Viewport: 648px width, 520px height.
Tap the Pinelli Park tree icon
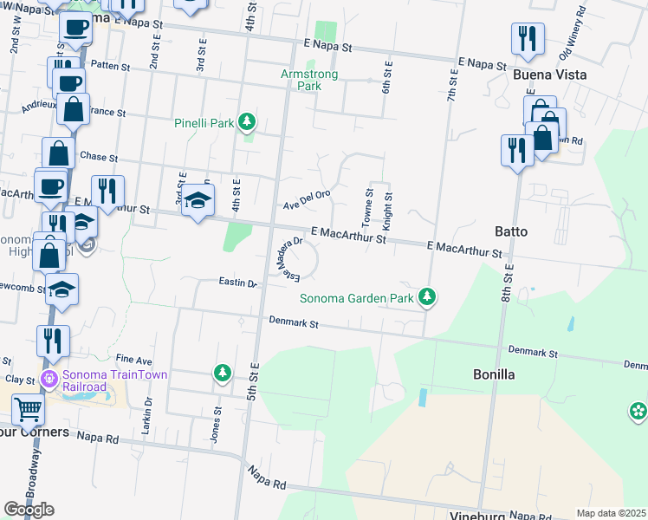pos(248,122)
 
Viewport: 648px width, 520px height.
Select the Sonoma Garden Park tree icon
pos(426,297)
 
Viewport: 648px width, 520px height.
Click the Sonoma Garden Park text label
pos(357,299)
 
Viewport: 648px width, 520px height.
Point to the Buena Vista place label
pos(549,75)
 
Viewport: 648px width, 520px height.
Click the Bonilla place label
pos(494,374)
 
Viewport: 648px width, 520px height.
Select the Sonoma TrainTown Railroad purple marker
pos(49,379)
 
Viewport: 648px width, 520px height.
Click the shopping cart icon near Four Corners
pos(29,406)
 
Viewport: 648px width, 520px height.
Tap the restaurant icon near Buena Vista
pos(528,37)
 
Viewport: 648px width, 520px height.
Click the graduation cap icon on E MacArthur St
pos(198,200)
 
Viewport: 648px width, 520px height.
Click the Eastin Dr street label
pos(239,283)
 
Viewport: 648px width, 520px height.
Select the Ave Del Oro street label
pos(308,199)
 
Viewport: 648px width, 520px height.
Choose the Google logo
pos(29,510)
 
